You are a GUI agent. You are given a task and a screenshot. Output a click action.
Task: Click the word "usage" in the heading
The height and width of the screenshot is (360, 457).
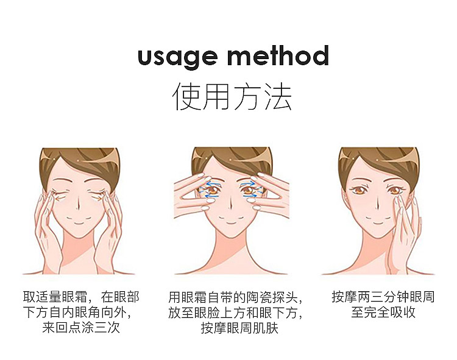pos(177,57)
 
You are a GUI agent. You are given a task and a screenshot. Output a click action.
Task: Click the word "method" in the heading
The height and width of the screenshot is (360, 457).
pos(278,55)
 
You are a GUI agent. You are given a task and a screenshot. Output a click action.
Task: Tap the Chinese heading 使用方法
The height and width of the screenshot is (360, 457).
pos(232,96)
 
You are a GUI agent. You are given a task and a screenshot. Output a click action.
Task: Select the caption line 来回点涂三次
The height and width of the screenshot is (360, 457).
pos(80,328)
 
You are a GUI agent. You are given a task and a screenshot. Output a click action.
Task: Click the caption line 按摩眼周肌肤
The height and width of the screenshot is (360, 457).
pos(239,328)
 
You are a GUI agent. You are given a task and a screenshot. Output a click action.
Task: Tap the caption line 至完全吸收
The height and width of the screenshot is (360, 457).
pos(383,312)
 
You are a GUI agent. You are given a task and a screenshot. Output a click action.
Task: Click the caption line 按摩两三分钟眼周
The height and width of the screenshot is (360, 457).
pos(383,297)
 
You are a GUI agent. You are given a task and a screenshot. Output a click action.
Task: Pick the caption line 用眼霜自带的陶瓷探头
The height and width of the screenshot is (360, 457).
pos(235,297)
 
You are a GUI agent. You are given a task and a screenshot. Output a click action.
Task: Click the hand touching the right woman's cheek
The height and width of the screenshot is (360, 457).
pos(405,233)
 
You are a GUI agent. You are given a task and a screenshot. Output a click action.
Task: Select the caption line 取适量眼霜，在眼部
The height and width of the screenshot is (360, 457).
pos(81,297)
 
